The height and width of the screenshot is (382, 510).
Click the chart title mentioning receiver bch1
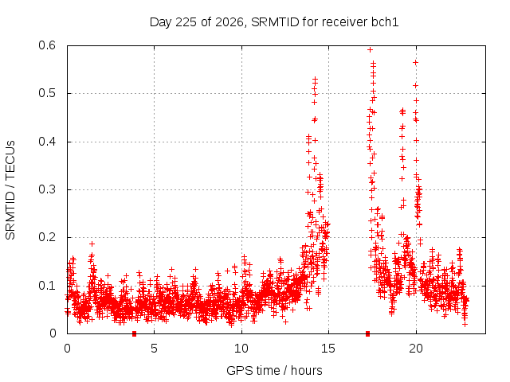[274, 22]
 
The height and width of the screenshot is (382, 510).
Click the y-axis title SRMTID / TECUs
[10, 190]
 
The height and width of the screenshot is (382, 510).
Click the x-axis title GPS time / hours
[274, 370]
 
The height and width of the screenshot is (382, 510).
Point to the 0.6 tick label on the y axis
[47, 45]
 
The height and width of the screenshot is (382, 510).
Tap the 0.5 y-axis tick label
[47, 93]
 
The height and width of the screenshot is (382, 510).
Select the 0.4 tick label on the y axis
[47, 142]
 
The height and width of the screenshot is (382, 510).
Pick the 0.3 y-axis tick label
[47, 189]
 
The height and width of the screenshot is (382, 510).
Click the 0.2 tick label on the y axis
[47, 237]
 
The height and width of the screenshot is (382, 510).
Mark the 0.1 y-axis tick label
[47, 286]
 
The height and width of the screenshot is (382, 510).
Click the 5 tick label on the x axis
[154, 349]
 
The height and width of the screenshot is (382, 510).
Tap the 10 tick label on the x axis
[241, 349]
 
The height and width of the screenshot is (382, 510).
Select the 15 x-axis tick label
[328, 349]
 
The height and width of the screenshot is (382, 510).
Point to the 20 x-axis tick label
[416, 349]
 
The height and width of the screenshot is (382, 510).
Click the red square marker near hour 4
[134, 333]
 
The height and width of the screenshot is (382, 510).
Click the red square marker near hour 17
[367, 333]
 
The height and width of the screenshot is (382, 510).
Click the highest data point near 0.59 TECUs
[370, 49]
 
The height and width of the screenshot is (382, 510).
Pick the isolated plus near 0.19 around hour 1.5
[92, 244]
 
